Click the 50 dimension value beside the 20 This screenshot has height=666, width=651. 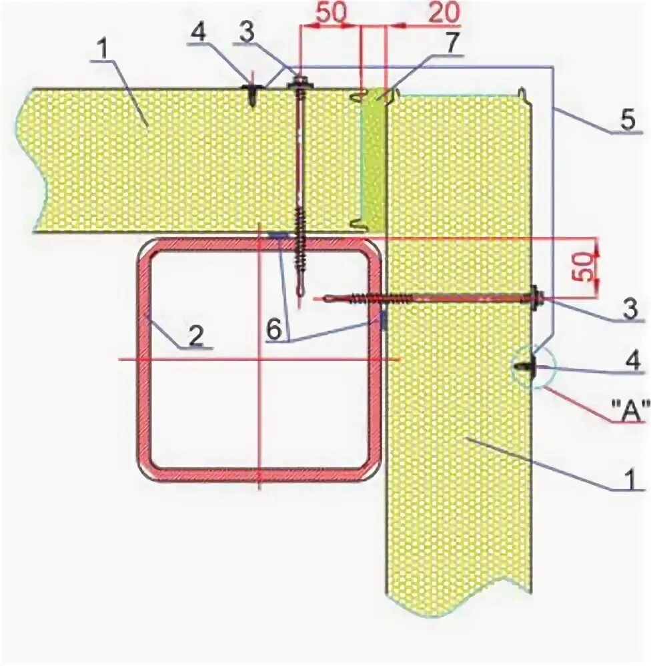tap(327, 14)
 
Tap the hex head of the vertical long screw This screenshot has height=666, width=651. tap(298, 85)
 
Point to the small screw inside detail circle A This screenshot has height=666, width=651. tap(527, 366)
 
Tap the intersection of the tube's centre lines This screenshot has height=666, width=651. tap(259, 360)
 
